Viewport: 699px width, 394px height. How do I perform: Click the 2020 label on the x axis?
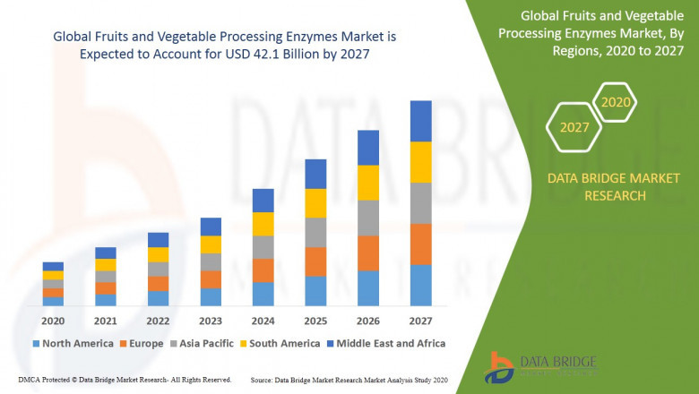pos(53,321)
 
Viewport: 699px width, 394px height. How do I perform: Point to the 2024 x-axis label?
pos(263,321)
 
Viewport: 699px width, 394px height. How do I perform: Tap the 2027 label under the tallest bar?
pos(420,321)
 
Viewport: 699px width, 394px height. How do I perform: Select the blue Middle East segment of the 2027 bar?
pos(420,121)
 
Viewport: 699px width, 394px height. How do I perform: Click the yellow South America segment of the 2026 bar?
pos(368,183)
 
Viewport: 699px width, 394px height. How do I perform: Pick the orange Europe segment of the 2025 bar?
pos(315,261)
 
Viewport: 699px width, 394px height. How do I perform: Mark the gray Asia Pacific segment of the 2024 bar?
pos(263,247)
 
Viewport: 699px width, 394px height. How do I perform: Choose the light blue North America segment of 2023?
pos(211,297)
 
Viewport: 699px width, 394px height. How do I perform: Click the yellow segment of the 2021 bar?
pos(106,265)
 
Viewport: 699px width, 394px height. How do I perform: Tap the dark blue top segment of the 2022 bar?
pos(158,240)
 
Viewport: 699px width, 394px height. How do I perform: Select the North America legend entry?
pos(73,343)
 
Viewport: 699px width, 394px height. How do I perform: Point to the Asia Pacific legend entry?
pos(203,343)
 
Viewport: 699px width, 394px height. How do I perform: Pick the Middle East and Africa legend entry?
pos(387,343)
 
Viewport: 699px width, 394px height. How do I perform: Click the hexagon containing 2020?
pos(616,103)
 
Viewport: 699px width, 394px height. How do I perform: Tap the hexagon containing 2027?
pos(574,127)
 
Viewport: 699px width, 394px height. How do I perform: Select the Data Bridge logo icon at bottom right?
pos(499,367)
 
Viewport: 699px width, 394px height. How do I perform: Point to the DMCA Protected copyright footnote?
pos(125,381)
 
